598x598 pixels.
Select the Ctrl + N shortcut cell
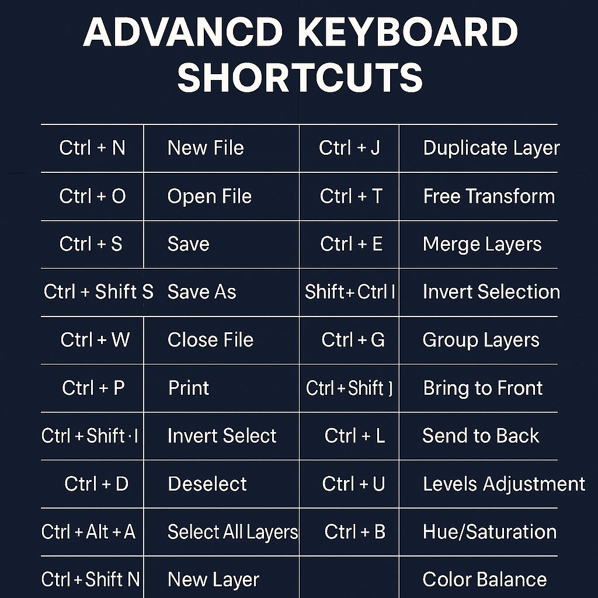[92, 148]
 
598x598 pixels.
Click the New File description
[206, 148]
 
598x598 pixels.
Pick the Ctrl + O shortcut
[92, 196]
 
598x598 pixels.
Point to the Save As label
[201, 291]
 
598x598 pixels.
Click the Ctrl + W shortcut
[95, 340]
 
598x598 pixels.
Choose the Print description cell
[189, 388]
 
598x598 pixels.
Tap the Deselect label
[207, 484]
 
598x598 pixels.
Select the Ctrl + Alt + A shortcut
[88, 531]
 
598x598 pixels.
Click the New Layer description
[213, 579]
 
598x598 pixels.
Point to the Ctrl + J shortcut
[349, 148]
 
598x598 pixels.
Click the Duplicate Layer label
[491, 148]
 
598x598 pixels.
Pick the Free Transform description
[489, 196]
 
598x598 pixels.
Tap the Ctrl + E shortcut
[351, 244]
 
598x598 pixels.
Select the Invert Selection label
[491, 291]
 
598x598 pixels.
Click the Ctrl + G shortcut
[353, 340]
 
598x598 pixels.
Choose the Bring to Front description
[483, 388]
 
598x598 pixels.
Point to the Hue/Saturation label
[489, 531]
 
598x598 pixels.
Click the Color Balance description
[484, 579]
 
